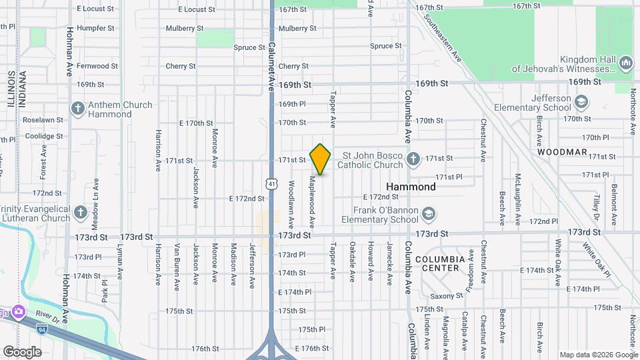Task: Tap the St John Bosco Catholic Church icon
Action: [x=413, y=159]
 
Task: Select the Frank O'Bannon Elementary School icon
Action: [x=429, y=213]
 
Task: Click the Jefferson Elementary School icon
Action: [x=581, y=102]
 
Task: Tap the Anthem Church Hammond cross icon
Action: [x=77, y=109]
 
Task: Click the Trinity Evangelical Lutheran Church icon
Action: [x=81, y=213]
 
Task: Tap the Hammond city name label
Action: [x=411, y=187]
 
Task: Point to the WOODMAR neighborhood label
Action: [x=559, y=152]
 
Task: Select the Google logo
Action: [x=22, y=351]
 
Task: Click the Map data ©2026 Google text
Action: [x=598, y=355]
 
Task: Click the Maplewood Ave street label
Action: [x=312, y=201]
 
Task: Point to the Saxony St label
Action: [x=446, y=295]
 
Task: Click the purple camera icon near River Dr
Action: [x=17, y=311]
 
